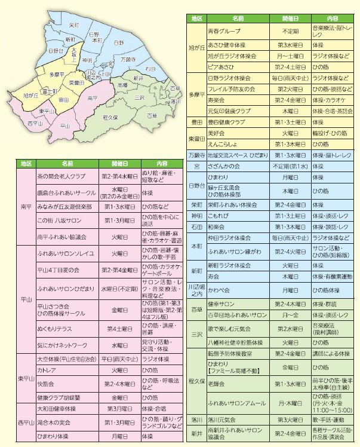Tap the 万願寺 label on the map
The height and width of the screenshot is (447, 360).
128,60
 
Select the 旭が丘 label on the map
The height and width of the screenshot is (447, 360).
31,94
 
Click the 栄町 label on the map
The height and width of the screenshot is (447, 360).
74,26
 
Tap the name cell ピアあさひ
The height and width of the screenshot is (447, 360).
220,66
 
